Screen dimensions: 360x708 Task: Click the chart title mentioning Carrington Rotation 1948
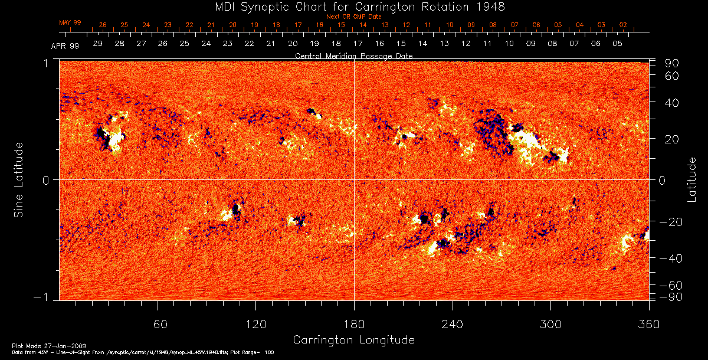[353, 6]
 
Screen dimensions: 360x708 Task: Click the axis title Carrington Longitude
[353, 340]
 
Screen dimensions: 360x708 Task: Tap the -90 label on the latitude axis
[671, 296]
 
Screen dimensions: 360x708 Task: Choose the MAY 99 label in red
[70, 22]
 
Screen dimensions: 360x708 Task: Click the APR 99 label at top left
[65, 45]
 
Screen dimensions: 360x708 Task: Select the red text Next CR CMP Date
[353, 17]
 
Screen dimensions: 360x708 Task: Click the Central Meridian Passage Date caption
[353, 55]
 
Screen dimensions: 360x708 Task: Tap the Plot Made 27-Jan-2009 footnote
[40, 345]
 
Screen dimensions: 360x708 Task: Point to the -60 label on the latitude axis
[671, 285]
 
